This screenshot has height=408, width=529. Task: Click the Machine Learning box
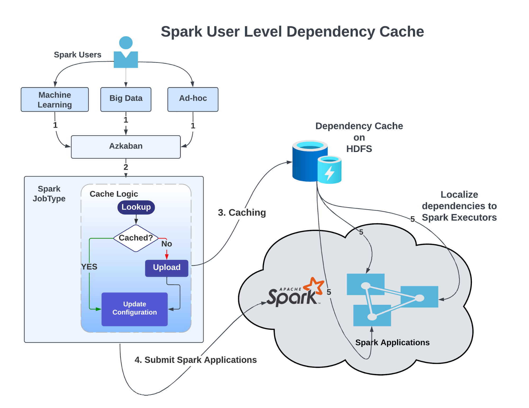coord(55,100)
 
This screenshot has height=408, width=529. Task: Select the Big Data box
coord(126,99)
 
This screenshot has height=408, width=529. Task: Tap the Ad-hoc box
coord(193,99)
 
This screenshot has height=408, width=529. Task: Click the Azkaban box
coord(126,147)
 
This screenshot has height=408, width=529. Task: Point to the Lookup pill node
coord(136,207)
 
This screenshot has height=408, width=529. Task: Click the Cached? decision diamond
coord(136,238)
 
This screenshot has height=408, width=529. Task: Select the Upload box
coord(166,268)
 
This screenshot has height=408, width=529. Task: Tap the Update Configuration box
coord(134,309)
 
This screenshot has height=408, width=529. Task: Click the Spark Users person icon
coord(126,53)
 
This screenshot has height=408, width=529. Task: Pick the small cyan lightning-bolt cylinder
coord(329,170)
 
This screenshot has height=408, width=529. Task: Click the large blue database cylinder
coord(307,162)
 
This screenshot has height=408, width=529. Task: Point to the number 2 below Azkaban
coord(126,167)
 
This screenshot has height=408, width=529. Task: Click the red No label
coord(167,244)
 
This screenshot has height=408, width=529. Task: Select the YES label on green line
coord(89,267)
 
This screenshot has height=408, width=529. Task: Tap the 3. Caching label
coord(242,213)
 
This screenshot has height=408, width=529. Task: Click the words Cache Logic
coord(114,194)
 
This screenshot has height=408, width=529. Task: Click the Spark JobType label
coord(49,194)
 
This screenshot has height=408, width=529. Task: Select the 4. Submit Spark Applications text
coord(196,360)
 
